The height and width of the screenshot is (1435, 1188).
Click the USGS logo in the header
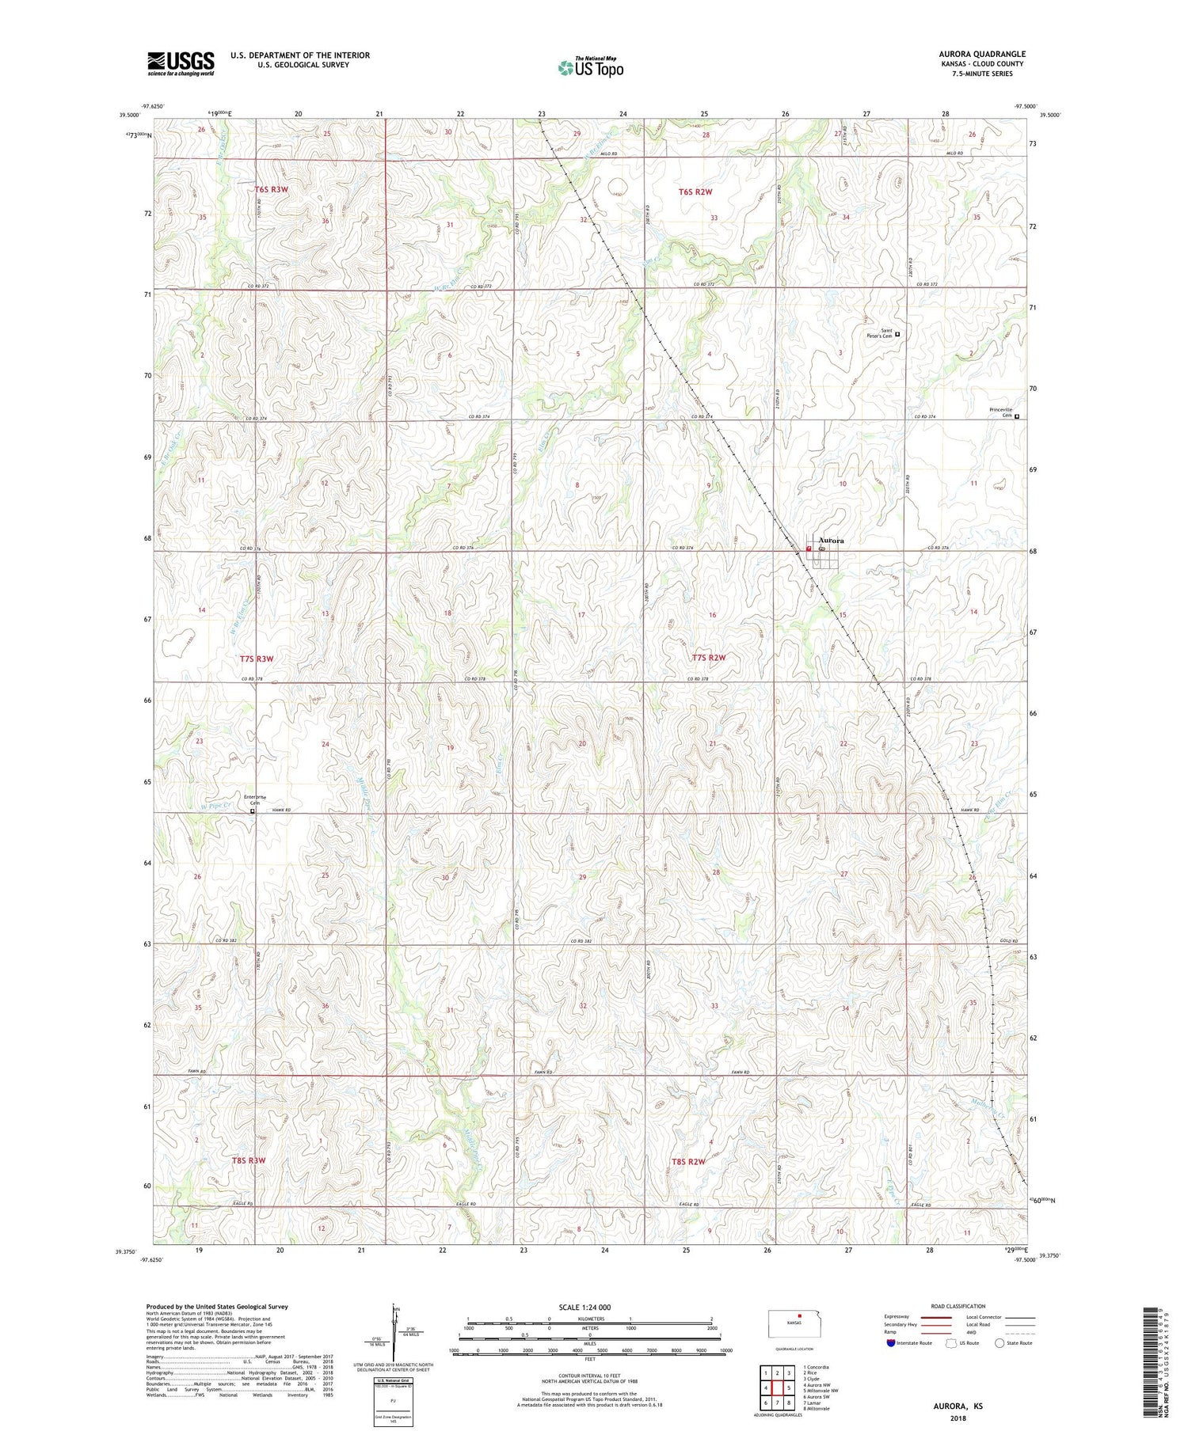tap(181, 63)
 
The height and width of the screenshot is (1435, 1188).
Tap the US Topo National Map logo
tap(590, 68)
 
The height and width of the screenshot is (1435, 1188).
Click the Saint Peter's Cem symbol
tap(897, 335)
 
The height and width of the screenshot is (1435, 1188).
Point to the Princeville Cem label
tap(1000, 412)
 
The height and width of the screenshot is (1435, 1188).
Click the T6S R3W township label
tap(271, 190)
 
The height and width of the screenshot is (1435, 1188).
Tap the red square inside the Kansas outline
tap(799, 1318)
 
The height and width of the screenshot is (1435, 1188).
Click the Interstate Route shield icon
tap(891, 1343)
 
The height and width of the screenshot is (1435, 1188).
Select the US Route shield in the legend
tap(951, 1343)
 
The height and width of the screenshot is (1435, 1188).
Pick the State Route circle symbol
tap(1000, 1343)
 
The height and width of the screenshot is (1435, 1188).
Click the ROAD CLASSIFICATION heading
tap(958, 1306)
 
